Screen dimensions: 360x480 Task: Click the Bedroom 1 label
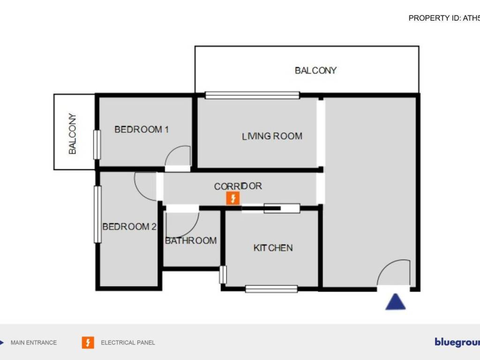142,129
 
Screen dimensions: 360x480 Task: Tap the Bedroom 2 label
129,227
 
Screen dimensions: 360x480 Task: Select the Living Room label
272,136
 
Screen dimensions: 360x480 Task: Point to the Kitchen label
273,247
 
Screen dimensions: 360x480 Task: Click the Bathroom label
191,240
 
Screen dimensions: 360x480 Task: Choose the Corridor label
238,186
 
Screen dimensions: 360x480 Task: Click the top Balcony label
315,70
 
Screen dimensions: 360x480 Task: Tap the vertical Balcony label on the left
73,134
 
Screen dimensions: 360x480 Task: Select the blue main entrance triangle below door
395,302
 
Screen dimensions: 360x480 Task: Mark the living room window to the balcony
252,95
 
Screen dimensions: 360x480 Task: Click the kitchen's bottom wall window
271,289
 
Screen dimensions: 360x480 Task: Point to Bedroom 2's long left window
97,214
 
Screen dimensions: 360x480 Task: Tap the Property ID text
443,18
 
